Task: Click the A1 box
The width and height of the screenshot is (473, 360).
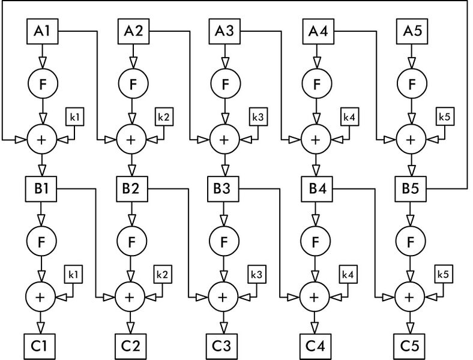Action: (43, 31)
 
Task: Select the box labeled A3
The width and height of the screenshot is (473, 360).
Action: (224, 31)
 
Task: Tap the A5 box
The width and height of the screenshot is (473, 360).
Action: (412, 31)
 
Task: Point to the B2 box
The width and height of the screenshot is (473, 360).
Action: (132, 189)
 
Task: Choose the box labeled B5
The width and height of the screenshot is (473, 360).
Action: (411, 189)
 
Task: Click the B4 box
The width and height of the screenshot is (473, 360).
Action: (317, 189)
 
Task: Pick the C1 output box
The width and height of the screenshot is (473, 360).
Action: (40, 346)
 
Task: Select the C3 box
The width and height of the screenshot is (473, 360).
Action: (221, 346)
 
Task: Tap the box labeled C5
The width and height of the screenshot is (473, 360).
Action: (409, 346)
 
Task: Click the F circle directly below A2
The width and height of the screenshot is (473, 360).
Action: (133, 83)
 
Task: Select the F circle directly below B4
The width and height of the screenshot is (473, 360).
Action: (316, 241)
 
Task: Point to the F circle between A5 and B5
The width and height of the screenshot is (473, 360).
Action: (412, 83)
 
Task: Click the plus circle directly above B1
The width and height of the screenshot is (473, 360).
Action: (42, 140)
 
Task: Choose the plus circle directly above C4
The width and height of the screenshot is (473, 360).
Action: (315, 297)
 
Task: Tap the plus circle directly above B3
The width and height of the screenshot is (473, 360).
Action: (224, 140)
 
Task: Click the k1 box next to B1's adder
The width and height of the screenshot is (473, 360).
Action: (75, 116)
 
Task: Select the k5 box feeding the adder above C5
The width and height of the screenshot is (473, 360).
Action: (444, 274)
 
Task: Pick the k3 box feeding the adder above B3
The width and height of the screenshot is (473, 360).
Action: (258, 116)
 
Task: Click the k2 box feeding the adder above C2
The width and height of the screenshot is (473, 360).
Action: (163, 274)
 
